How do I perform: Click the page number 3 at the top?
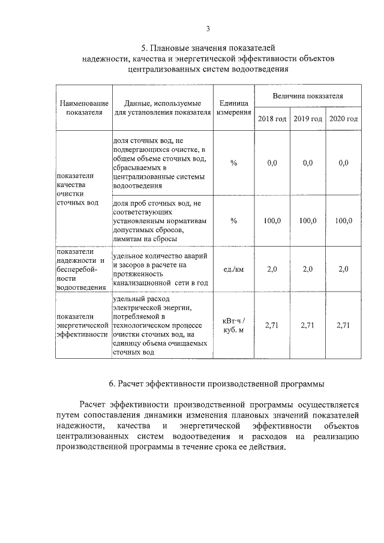[x=208, y=28]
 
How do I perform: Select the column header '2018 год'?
[x=272, y=118]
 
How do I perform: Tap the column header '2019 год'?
[x=308, y=118]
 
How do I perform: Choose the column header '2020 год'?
[x=344, y=118]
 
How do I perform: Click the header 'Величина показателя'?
[x=308, y=95]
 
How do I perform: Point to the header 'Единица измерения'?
[x=233, y=107]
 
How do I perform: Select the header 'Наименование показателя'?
[x=84, y=107]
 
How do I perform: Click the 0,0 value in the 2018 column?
[x=272, y=163]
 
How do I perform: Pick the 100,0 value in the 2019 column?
[x=308, y=221]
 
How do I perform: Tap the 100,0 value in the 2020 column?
[x=344, y=221]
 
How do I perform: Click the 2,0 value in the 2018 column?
[x=272, y=269]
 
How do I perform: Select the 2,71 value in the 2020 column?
[x=344, y=325]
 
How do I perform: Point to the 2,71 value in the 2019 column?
[x=308, y=325]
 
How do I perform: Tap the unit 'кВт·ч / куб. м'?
[x=233, y=325]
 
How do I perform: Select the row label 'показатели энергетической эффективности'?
[x=83, y=325]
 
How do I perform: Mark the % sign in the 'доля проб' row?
[x=233, y=221]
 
